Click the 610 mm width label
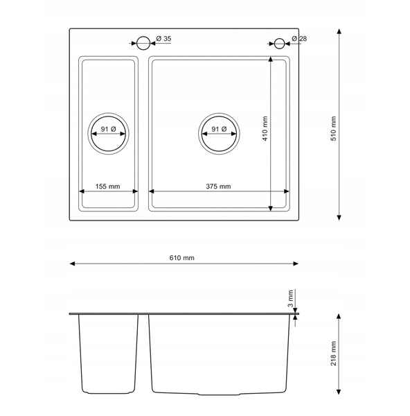tap(182, 258)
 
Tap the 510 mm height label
tap(333, 129)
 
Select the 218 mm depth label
tap(333, 354)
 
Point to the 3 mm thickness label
tap(291, 298)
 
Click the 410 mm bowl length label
tap(265, 128)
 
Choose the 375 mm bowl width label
tap(218, 187)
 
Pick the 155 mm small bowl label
tap(107, 187)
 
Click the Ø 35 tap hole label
tap(163, 38)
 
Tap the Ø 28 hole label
tap(299, 38)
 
